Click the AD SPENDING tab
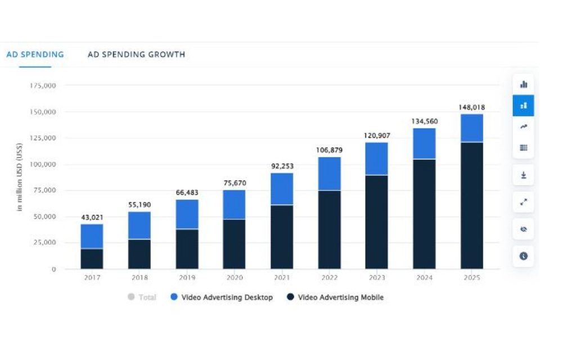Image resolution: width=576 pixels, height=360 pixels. click(x=35, y=55)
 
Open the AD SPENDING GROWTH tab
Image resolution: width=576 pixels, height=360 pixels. click(x=136, y=55)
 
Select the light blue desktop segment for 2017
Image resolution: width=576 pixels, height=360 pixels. click(x=92, y=236)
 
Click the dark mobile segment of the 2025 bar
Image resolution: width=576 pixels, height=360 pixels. click(x=471, y=205)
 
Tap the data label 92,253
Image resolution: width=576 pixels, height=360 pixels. click(x=282, y=166)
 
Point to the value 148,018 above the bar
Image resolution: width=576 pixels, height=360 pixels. click(x=471, y=107)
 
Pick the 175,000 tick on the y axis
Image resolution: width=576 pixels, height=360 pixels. click(x=43, y=85)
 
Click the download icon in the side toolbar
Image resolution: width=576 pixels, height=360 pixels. click(x=523, y=175)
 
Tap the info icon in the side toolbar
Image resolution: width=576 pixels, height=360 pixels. click(x=523, y=256)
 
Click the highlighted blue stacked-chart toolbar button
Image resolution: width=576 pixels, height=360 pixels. click(x=523, y=106)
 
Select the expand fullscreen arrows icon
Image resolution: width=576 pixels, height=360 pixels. click(x=523, y=202)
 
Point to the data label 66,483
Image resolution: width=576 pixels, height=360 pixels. click(x=187, y=193)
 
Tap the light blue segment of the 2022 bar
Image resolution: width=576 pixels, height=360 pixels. click(x=329, y=173)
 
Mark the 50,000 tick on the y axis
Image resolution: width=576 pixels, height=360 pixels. click(x=44, y=217)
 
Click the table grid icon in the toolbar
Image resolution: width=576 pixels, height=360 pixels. click(x=523, y=148)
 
